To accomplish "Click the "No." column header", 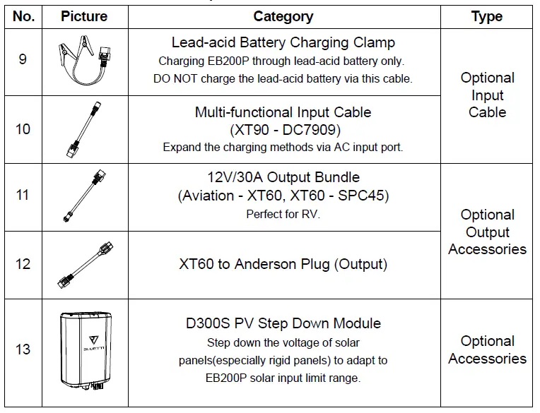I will (x=23, y=16).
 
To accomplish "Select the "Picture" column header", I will (x=84, y=16).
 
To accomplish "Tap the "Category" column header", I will (x=283, y=16).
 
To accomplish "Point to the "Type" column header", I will (x=487, y=16).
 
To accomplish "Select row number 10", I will (x=23, y=129).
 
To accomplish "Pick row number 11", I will (x=23, y=195).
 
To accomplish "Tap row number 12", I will (x=23, y=264).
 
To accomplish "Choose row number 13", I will (x=23, y=349).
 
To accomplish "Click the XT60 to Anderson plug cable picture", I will (x=84, y=265).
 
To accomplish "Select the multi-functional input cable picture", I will (x=84, y=129).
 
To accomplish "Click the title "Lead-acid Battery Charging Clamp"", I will (x=283, y=43).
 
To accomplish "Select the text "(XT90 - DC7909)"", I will (x=283, y=130).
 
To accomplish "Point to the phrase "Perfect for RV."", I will (x=283, y=214).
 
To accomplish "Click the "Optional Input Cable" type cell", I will (x=487, y=95).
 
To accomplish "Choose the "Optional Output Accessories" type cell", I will (x=487, y=232).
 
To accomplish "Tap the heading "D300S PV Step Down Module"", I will (x=283, y=323).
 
